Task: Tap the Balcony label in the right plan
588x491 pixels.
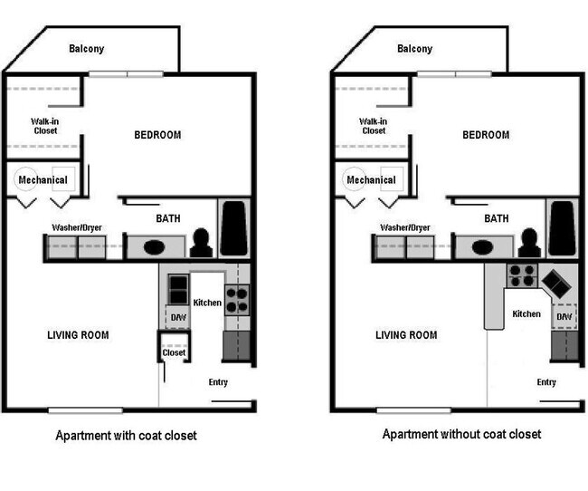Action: point(414,49)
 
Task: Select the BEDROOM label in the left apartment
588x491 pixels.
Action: point(157,135)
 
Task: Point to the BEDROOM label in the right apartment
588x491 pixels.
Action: point(486,135)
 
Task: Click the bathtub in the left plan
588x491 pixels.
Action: point(234,230)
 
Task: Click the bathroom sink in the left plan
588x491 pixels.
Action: point(154,246)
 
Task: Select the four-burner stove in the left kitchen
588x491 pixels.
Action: point(236,298)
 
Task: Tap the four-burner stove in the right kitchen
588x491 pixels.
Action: point(520,274)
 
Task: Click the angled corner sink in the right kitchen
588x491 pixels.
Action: point(555,284)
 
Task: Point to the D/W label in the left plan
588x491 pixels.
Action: point(178,318)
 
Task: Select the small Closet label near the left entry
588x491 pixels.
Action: point(174,352)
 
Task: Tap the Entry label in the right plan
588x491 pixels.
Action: point(546,382)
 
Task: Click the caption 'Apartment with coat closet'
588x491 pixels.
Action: point(126,436)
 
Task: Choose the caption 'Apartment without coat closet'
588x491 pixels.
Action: point(461,435)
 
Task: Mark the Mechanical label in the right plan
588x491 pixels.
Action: point(371,179)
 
